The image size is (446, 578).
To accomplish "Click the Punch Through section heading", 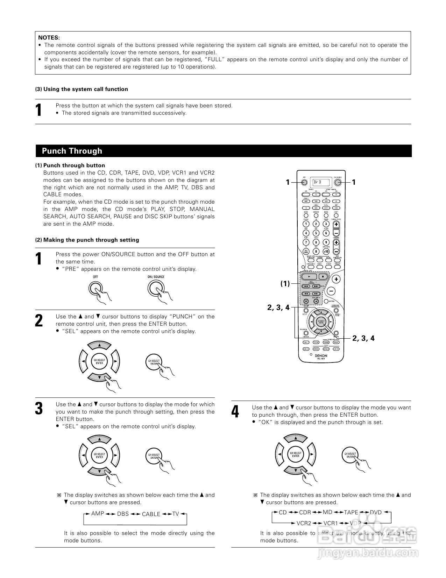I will [x=72, y=151].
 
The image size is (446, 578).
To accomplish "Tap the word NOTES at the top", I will [x=49, y=37].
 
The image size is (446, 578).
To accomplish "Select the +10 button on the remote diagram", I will [x=326, y=251].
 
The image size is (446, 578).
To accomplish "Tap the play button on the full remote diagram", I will [x=309, y=276].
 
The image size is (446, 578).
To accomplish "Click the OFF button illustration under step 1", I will [x=95, y=289].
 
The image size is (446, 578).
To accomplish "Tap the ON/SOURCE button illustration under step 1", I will [x=155, y=289].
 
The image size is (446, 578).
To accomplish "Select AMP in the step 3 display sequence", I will [x=98, y=514].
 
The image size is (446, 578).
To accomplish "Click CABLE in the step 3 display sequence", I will [x=151, y=514].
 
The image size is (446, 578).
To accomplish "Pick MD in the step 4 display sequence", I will [x=328, y=512].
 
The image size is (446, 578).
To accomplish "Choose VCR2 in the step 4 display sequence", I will [x=304, y=523].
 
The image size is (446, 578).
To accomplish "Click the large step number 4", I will [x=235, y=412].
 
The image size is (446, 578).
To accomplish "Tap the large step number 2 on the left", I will [x=39, y=321].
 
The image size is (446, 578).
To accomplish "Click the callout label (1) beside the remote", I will [x=285, y=284].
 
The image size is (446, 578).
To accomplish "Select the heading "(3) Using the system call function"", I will [x=82, y=89].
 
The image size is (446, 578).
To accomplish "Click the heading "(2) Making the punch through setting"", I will [x=87, y=240].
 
